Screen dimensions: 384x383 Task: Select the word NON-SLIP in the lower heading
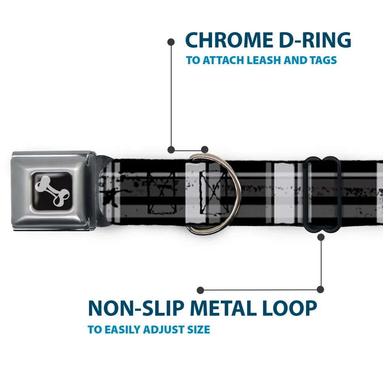(134, 308)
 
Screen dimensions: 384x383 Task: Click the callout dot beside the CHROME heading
(171, 41)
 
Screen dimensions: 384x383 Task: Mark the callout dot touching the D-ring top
(205, 149)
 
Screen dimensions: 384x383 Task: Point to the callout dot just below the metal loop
(321, 237)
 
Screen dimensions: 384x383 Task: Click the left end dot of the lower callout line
(201, 290)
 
